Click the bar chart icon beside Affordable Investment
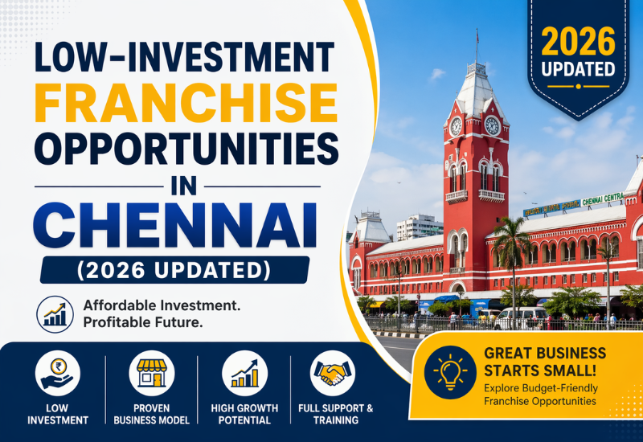pyautogui.click(x=55, y=314)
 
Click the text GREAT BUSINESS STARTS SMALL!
pyautogui.click(x=545, y=362)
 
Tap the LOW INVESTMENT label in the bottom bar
pyautogui.click(x=59, y=414)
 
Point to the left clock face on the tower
pyautogui.click(x=457, y=126)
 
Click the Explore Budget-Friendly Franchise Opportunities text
pyautogui.click(x=540, y=395)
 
